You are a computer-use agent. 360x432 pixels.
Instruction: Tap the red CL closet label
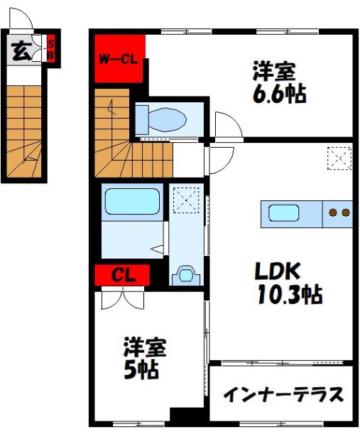click(x=121, y=274)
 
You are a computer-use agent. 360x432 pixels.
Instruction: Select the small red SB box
click(x=50, y=50)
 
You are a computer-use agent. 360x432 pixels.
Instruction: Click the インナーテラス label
click(x=283, y=394)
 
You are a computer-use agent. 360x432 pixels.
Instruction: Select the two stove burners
click(x=337, y=212)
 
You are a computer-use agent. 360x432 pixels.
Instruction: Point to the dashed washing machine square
click(x=186, y=198)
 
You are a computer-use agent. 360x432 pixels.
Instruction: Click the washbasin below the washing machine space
click(x=186, y=273)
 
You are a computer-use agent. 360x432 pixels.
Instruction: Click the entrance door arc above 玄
click(x=19, y=21)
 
